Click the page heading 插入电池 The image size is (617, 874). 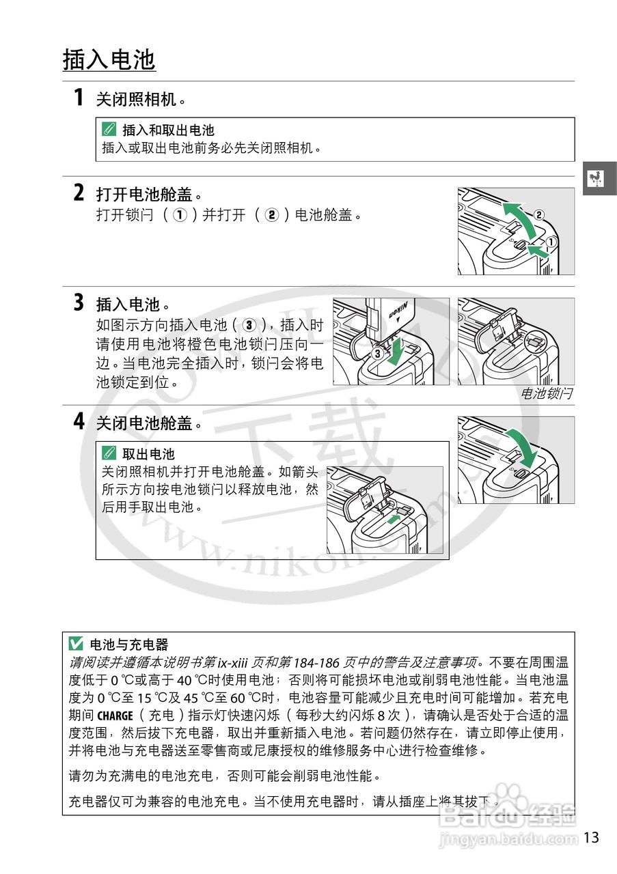109,60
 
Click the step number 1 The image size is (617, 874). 79,98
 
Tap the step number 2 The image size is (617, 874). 79,193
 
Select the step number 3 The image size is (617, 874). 79,302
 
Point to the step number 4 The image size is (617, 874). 79,421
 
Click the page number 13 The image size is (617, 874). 592,837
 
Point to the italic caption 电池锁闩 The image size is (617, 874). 546,394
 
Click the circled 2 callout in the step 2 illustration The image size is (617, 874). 539,214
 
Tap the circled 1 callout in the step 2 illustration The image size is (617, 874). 550,241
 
